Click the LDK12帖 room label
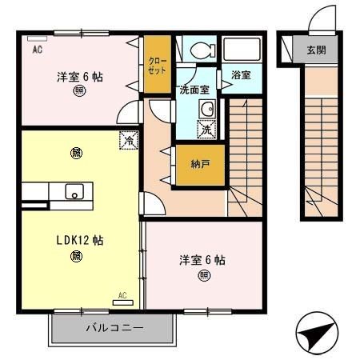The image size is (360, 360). [x=78, y=239]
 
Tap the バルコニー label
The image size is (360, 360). [x=113, y=328]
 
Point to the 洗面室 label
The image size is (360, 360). [x=194, y=90]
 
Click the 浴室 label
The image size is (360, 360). [x=241, y=75]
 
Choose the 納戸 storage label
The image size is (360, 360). [x=200, y=164]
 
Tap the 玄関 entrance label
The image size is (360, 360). [x=316, y=50]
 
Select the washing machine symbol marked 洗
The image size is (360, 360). [x=206, y=130]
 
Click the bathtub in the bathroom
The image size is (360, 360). [x=241, y=50]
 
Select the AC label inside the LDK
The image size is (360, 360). [x=122, y=295]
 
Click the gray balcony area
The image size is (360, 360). [x=113, y=329]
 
